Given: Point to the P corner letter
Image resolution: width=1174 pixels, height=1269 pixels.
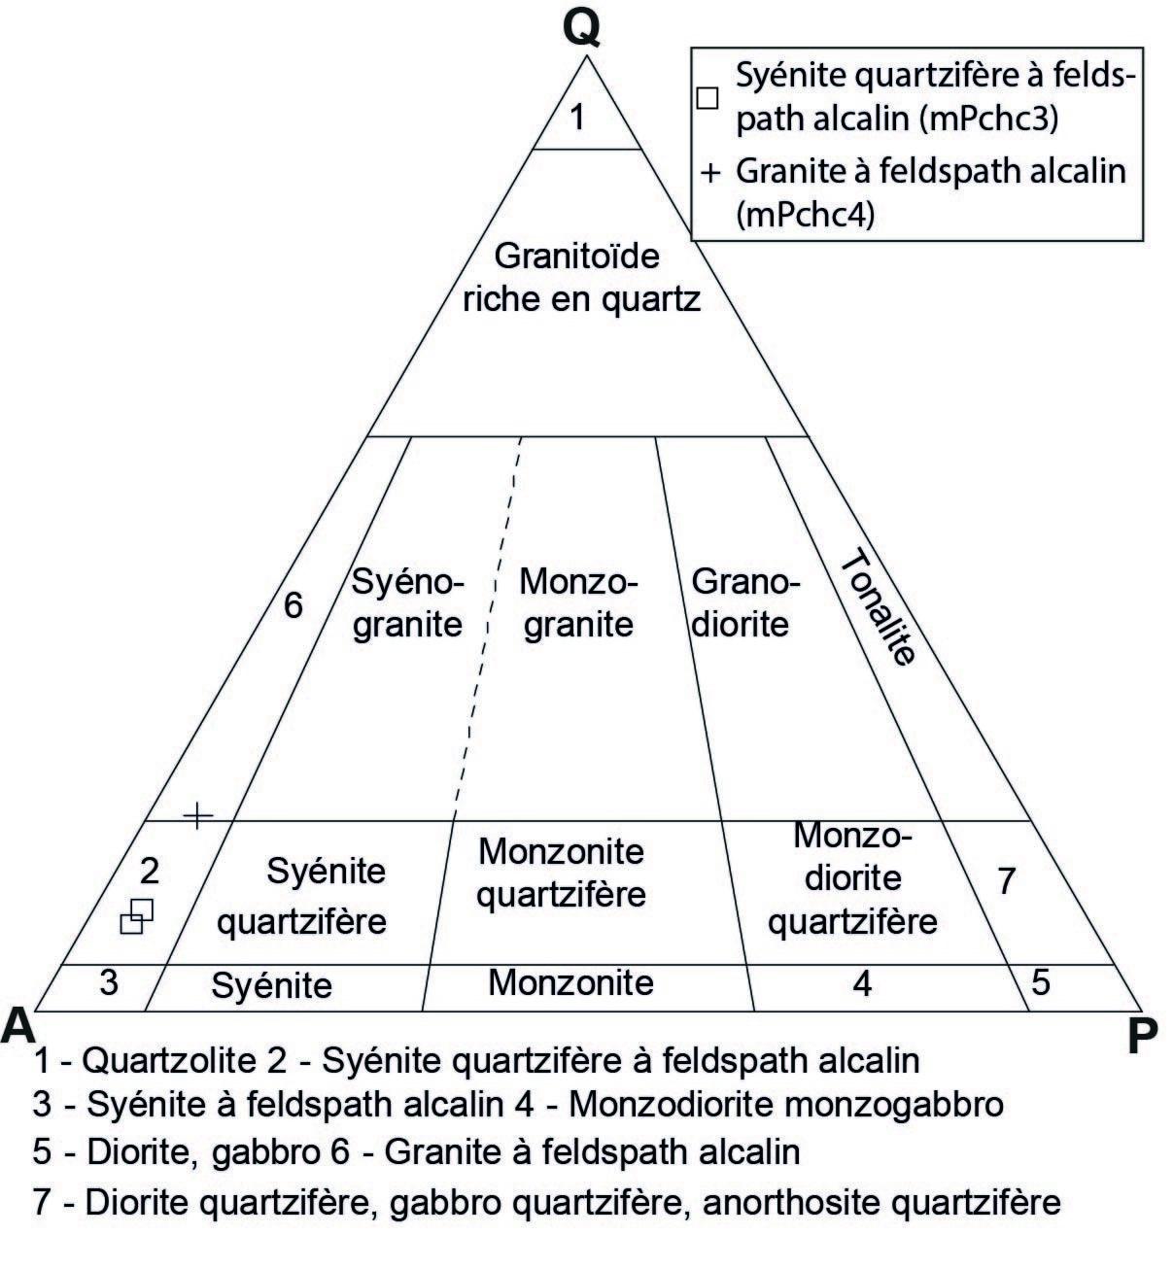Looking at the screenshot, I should (x=1143, y=1038).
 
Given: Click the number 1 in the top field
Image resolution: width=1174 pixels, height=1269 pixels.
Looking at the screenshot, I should (x=577, y=118).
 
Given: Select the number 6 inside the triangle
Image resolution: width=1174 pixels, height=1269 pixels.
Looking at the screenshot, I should (x=293, y=605).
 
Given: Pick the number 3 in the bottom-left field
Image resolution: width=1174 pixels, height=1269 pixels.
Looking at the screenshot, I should (x=109, y=981).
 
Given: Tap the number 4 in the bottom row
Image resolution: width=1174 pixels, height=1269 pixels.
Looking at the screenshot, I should (x=861, y=983).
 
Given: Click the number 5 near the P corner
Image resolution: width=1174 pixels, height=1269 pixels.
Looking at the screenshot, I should (x=1041, y=982).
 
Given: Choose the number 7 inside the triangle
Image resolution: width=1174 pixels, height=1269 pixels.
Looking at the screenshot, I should (x=1006, y=880).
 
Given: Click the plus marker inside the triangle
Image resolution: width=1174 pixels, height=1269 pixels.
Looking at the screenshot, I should (x=197, y=815).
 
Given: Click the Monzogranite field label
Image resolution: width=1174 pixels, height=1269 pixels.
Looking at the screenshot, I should (x=577, y=602).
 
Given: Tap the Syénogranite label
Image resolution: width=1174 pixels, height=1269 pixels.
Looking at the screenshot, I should (x=407, y=602).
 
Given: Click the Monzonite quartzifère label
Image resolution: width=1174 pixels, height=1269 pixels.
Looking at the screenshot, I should (x=561, y=872).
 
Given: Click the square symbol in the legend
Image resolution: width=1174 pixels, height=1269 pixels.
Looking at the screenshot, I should (x=708, y=97).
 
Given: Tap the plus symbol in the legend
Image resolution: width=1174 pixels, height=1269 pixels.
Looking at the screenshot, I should (x=710, y=174).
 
